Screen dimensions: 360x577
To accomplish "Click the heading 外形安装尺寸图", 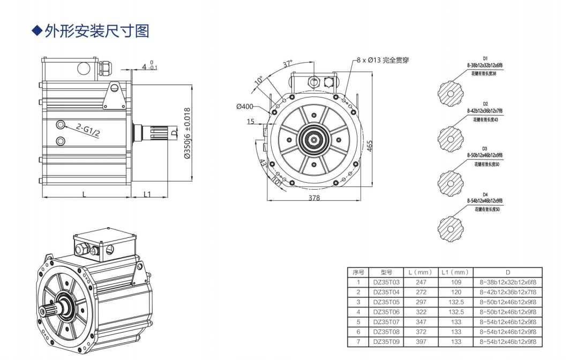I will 97,31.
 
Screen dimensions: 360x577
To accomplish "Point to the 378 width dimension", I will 314,198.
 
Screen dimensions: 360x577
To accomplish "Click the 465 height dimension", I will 370,145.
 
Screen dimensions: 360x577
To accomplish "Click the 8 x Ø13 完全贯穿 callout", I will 383,60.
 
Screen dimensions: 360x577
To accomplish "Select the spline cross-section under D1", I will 449,93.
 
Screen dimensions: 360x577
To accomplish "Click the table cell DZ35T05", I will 386,302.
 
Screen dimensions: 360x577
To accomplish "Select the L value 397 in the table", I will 421,341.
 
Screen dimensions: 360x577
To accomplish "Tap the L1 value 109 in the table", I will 456,282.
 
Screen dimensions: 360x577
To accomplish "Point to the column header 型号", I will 386,272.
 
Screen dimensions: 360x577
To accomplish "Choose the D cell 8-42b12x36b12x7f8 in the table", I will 507,292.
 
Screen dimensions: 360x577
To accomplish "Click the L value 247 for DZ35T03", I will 421,282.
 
